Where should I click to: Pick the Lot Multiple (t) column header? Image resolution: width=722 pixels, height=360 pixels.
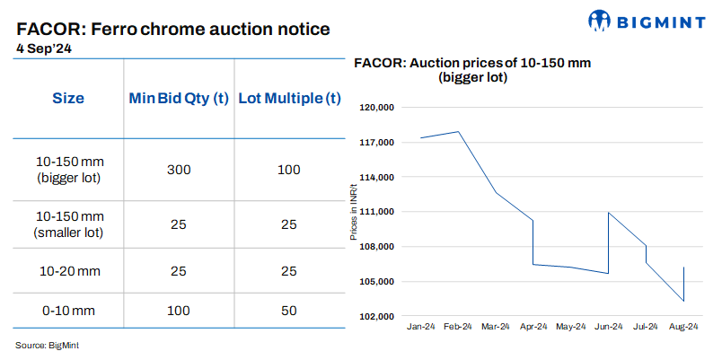[x=288, y=98]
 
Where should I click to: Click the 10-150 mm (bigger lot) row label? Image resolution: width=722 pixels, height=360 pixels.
[x=70, y=170]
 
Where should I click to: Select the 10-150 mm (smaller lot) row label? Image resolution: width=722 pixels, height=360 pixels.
[x=70, y=224]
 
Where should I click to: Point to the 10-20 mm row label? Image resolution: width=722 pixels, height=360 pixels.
[x=70, y=270]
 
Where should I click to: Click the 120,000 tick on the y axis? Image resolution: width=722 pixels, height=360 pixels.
[x=377, y=108]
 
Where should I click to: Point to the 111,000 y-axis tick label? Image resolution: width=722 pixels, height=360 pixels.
[x=377, y=212]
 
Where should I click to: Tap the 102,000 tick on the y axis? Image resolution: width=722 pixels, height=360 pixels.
[x=377, y=317]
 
